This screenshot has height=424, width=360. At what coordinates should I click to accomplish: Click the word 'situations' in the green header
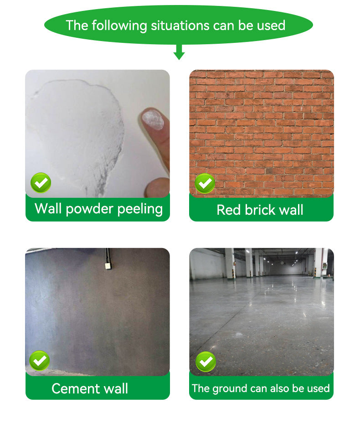180,26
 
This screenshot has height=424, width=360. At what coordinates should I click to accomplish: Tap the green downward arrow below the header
179,52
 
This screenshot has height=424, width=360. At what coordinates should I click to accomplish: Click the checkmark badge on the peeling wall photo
41,183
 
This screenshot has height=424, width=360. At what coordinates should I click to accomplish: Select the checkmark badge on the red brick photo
205,183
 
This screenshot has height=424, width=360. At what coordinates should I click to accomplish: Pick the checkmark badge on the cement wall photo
40,361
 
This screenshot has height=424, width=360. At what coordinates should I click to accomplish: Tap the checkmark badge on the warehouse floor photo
206,362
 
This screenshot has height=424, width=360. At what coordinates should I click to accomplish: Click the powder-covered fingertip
153,119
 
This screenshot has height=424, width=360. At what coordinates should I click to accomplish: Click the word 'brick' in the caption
258,210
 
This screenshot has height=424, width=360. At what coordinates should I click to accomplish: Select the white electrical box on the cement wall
108,266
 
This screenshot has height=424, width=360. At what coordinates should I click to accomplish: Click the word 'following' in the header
119,26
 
